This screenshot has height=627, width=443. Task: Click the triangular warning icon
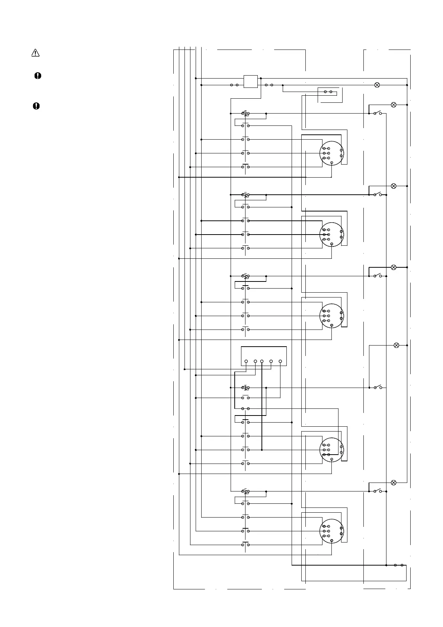click(35, 53)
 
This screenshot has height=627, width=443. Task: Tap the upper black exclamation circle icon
click(38, 76)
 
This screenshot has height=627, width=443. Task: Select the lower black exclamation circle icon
click(36, 106)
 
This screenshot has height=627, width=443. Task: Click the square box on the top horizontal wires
click(250, 82)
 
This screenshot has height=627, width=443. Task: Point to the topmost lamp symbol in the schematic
click(377, 85)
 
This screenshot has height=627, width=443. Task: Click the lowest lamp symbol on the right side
click(394, 483)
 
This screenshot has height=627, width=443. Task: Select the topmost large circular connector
click(332, 153)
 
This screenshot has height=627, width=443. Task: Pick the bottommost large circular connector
click(332, 531)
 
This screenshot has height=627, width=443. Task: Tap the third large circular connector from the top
click(332, 316)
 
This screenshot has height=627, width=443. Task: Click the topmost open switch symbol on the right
click(378, 113)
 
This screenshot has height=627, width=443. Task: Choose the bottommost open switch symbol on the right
click(378, 491)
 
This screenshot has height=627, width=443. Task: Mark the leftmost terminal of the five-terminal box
click(246, 361)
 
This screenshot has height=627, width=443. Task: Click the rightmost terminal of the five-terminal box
click(280, 361)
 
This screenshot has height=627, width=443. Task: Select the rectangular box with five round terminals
click(264, 356)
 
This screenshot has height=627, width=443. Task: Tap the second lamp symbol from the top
click(394, 105)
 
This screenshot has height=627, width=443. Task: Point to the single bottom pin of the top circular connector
click(331, 163)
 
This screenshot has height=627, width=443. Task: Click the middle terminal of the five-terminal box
click(262, 361)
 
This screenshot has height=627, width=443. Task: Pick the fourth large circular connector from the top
click(332, 450)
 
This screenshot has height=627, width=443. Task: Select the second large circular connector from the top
click(332, 234)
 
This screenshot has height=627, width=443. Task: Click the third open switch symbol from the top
click(378, 276)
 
